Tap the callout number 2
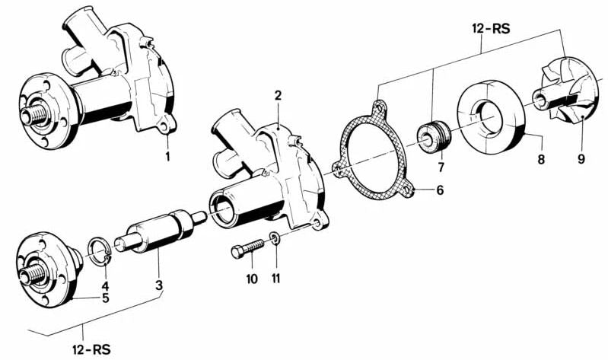[x=279, y=96]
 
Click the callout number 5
[x=106, y=297]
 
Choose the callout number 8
[x=541, y=161]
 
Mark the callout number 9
[x=581, y=161]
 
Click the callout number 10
[x=252, y=279]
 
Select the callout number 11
[x=276, y=279]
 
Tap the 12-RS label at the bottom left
[x=92, y=349]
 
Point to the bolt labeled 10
[x=247, y=247]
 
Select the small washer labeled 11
[x=275, y=241]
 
